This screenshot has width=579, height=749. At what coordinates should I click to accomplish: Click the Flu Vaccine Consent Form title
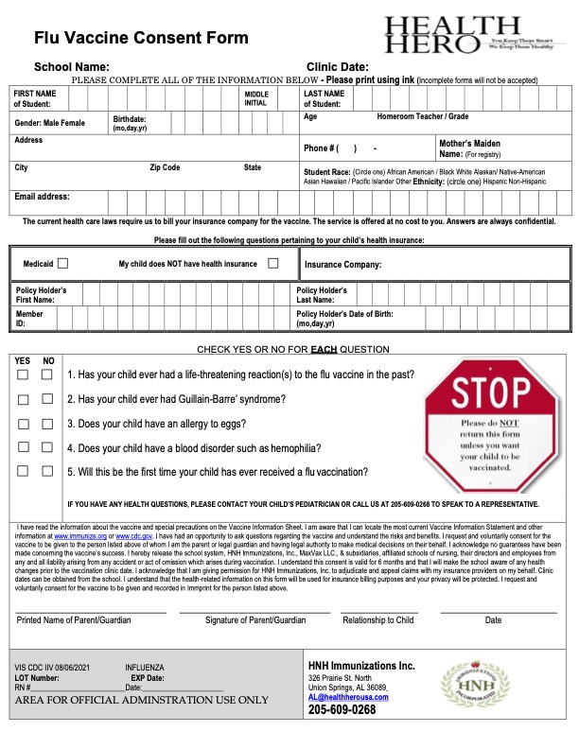[142, 38]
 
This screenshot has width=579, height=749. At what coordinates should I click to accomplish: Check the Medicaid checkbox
[63, 264]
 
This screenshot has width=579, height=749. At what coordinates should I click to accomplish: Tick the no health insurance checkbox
[272, 264]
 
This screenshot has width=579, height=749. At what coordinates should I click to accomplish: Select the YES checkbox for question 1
[23, 375]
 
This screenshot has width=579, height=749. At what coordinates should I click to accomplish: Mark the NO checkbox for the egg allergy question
[46, 424]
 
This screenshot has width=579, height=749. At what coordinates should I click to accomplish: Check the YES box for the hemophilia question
[23, 447]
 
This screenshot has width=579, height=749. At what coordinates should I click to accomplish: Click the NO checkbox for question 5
[46, 471]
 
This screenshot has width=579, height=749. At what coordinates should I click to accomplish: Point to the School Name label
[72, 67]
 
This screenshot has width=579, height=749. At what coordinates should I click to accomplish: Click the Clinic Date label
[338, 67]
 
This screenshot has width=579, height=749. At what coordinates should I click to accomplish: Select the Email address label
[42, 198]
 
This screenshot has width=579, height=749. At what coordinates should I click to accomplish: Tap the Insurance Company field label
[343, 265]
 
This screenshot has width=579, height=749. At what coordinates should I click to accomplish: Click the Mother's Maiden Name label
[470, 148]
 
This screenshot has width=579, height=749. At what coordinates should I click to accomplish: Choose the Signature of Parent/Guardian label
[242, 620]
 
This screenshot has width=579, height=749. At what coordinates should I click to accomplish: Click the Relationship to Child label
[378, 620]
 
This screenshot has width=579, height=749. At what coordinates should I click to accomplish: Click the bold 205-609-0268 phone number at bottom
[342, 710]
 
